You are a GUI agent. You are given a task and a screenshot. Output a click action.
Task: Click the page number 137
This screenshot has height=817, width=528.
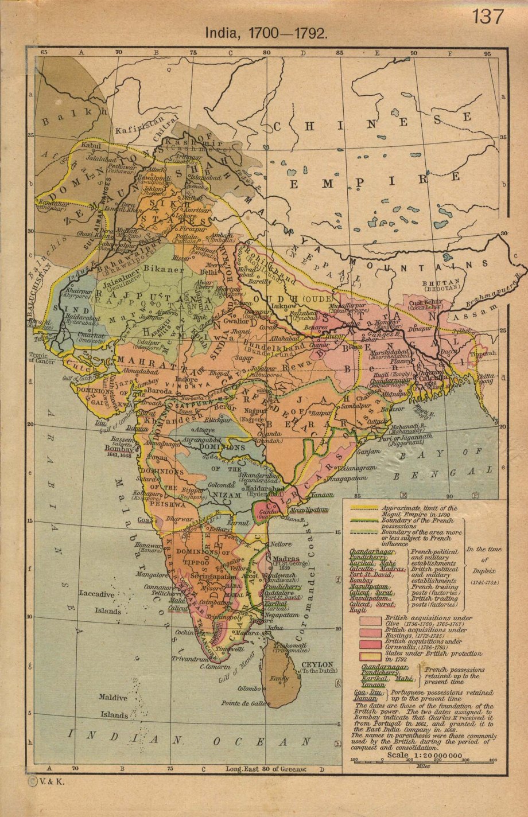pos(488,17)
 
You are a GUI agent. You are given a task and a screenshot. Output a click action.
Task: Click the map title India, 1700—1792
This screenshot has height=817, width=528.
pos(267,33)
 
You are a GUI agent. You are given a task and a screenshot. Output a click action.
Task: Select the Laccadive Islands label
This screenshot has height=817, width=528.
pos(100,602)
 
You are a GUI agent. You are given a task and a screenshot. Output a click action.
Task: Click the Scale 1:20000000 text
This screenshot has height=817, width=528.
pos(424,754)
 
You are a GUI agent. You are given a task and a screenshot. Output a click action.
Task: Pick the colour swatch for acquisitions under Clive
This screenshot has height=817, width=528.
pos(370,620)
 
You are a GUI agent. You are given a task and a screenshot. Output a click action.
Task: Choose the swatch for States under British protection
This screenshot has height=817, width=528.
pos(370,655)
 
